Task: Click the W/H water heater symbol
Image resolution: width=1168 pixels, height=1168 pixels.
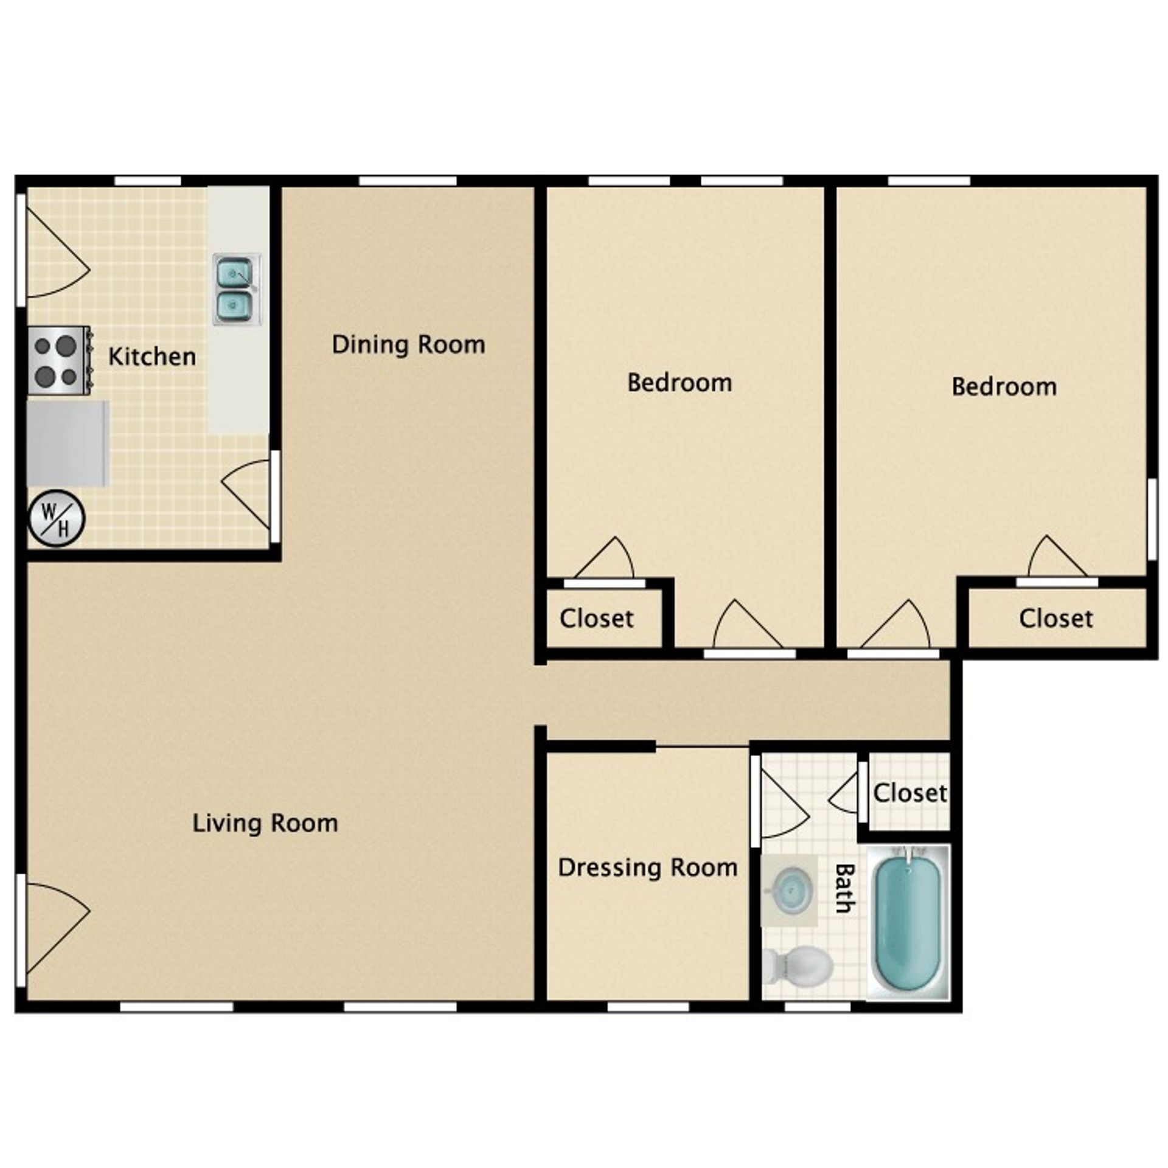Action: click(57, 518)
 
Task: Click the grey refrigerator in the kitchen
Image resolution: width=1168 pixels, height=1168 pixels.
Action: click(67, 443)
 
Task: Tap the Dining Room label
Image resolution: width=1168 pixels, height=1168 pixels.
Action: click(408, 345)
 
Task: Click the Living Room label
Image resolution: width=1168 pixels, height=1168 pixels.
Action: click(265, 823)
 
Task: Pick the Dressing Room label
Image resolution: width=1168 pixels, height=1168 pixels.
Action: click(647, 867)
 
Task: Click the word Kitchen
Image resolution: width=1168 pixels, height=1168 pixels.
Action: click(152, 356)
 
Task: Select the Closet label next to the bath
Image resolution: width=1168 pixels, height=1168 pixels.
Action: click(909, 793)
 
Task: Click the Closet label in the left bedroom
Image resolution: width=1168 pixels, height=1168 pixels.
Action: click(596, 619)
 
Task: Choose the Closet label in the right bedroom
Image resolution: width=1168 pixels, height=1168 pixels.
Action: click(1055, 619)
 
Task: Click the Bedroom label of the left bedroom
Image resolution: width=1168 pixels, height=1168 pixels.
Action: click(679, 383)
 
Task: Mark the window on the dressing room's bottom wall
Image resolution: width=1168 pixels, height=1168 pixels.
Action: click(648, 1007)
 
